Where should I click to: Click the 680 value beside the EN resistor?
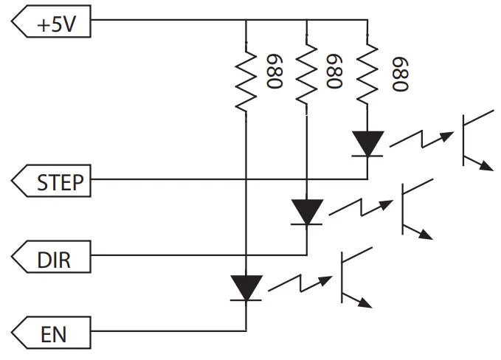pyautogui.click(x=276, y=71)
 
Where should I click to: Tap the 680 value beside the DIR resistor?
pyautogui.click(x=336, y=71)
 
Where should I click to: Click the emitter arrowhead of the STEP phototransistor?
pyautogui.click(x=486, y=166)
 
